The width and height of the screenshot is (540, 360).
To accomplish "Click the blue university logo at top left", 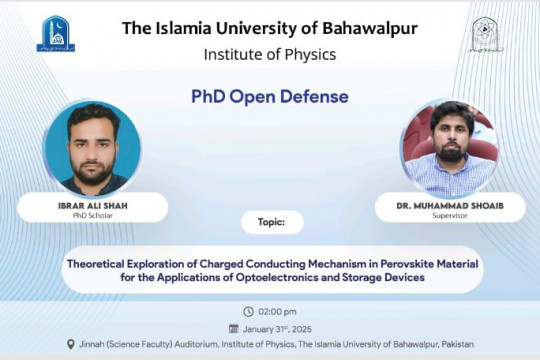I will (x=55, y=34).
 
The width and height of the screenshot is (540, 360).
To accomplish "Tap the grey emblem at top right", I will (x=487, y=34).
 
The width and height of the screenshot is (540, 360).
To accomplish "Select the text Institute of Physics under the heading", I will (x=269, y=54).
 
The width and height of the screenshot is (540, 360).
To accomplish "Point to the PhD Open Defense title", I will (x=270, y=97).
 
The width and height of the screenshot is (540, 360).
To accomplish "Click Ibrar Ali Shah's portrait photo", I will (x=93, y=147).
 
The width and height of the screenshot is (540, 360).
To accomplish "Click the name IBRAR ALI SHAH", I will (x=93, y=205).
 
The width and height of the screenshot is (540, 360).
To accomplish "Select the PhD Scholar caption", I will (x=93, y=215).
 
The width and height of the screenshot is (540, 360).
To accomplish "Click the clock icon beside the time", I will (x=249, y=311).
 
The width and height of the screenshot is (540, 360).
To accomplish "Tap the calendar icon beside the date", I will (x=234, y=327).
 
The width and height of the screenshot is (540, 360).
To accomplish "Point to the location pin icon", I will (x=70, y=344).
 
